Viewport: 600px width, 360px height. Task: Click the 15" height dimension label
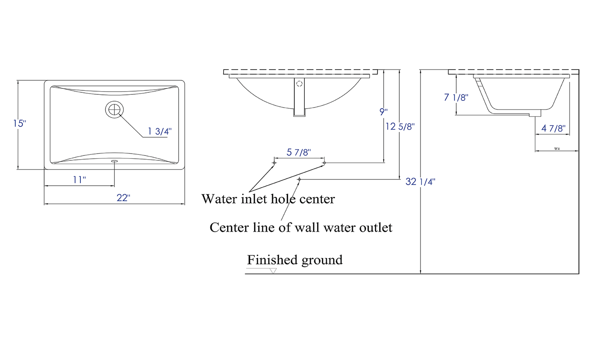(x=19, y=124)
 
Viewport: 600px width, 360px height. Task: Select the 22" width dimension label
(x=123, y=198)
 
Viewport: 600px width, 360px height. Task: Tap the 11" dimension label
(x=79, y=180)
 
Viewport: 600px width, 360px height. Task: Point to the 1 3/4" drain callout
(x=160, y=131)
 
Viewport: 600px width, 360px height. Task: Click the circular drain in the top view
(x=114, y=109)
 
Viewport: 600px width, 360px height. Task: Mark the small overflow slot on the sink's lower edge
(x=114, y=161)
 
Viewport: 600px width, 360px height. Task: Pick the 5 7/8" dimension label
(x=298, y=152)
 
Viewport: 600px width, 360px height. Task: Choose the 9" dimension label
(x=383, y=112)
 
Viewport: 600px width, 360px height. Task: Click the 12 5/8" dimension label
(x=400, y=127)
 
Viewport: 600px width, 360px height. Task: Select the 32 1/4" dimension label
(x=420, y=182)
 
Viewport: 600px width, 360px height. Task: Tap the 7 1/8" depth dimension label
(x=456, y=97)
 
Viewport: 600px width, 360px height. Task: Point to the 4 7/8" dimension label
(x=553, y=128)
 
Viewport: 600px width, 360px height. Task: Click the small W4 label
(x=556, y=149)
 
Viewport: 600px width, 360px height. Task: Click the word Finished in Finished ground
(x=272, y=260)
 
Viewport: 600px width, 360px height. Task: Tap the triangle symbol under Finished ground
(x=273, y=271)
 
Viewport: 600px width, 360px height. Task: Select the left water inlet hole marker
(x=274, y=163)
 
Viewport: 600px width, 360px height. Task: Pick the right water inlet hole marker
(x=324, y=163)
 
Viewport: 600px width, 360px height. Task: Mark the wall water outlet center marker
(x=299, y=180)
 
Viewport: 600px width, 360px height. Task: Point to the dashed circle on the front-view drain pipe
(x=299, y=84)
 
